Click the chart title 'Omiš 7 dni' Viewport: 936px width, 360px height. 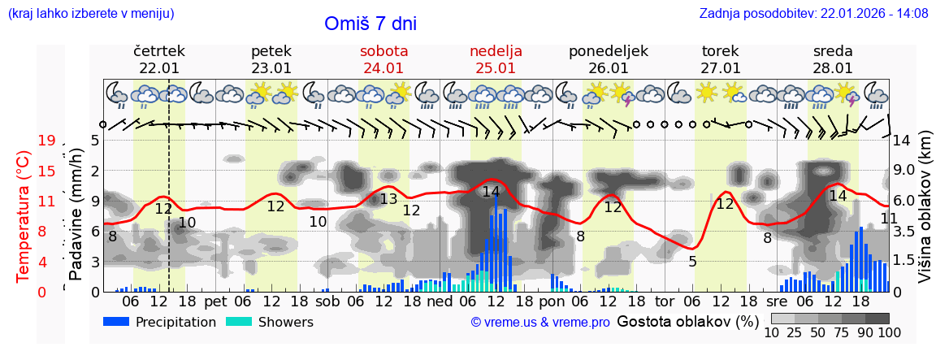tap(370, 24)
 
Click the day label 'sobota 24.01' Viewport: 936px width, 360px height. tap(383, 59)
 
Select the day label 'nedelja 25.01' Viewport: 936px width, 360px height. tap(496, 59)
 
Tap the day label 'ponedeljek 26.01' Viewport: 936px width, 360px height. tap(608, 59)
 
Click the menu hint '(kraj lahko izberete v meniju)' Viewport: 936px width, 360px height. tap(91, 13)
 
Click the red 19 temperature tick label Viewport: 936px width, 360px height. tap(46, 141)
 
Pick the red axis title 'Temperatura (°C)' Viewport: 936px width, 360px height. tap(23, 215)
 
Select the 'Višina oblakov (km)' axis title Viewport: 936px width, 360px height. tap(925, 215)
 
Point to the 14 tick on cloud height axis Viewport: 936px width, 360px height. tap(902, 141)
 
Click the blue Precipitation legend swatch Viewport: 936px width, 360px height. tap(117, 322)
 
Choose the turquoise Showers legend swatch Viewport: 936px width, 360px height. tap(239, 322)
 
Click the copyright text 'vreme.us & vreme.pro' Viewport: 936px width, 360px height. tap(540, 322)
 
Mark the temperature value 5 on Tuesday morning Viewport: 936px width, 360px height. tap(692, 262)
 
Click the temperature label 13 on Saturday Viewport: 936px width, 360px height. tap(388, 199)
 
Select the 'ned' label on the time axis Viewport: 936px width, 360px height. tap(440, 301)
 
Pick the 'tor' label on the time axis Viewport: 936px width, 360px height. tap(665, 301)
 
